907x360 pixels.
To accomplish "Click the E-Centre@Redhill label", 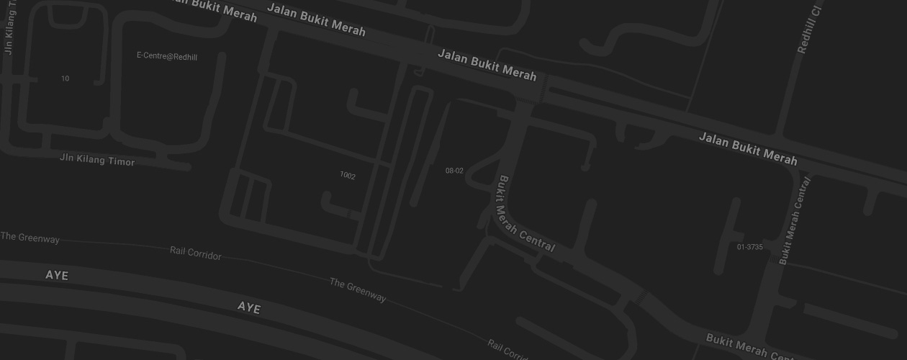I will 167,56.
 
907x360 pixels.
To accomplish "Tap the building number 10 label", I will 66,78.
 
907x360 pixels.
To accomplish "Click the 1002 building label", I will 348,176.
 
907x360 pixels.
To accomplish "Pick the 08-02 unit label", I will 454,171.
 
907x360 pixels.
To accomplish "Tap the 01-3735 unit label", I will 749,247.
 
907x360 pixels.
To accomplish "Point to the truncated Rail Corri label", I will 507,350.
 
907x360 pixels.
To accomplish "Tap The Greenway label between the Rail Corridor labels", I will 358,290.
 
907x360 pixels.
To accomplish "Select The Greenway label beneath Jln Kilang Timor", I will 30,238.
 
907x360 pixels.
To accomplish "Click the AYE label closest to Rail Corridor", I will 249,308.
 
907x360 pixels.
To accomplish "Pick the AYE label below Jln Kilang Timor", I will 57,276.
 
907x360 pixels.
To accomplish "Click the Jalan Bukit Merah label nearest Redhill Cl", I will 748,149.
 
